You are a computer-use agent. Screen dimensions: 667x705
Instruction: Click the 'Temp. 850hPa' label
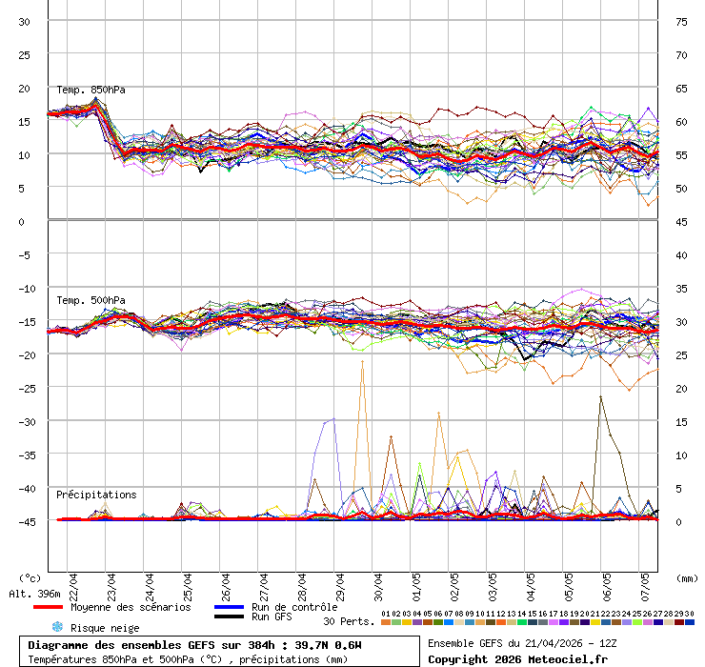91,90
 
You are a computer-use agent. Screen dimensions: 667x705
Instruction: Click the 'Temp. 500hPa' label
91,300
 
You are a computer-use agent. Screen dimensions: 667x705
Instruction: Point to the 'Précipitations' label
96,495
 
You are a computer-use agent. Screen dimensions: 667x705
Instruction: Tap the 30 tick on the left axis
25,21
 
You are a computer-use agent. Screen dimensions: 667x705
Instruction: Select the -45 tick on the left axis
25,521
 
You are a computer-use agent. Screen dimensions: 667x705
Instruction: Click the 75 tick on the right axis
681,21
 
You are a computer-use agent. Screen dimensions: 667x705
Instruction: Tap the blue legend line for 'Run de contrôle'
229,607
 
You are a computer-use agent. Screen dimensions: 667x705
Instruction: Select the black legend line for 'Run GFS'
229,617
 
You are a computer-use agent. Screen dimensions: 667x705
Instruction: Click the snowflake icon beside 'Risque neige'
56,627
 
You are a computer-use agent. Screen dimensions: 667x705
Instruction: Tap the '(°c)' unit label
30,577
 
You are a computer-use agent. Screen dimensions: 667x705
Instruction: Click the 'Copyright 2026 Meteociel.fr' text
517,658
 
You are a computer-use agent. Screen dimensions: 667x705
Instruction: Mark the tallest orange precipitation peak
362,362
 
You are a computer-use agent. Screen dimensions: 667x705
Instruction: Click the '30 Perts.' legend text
349,621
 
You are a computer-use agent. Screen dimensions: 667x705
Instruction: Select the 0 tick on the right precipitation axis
679,521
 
